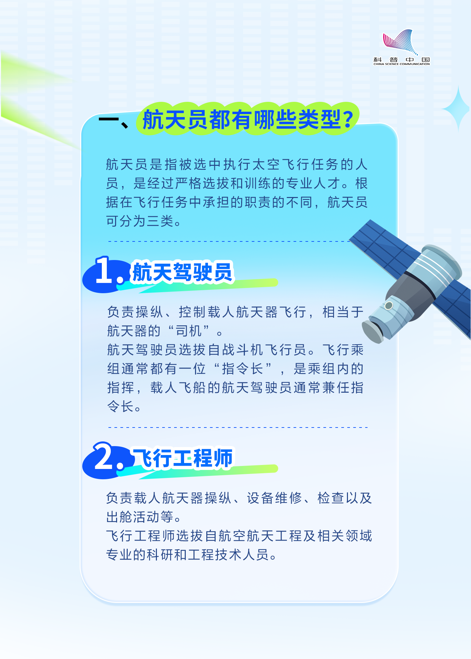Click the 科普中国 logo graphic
coord(401,42)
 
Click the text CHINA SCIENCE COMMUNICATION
coord(401,64)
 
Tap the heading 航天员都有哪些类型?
coord(248,119)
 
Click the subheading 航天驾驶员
coord(182,272)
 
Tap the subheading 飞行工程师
coord(183,458)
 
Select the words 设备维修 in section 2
coord(274,498)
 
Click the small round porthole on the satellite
coord(389,305)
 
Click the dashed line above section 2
coord(238,428)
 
